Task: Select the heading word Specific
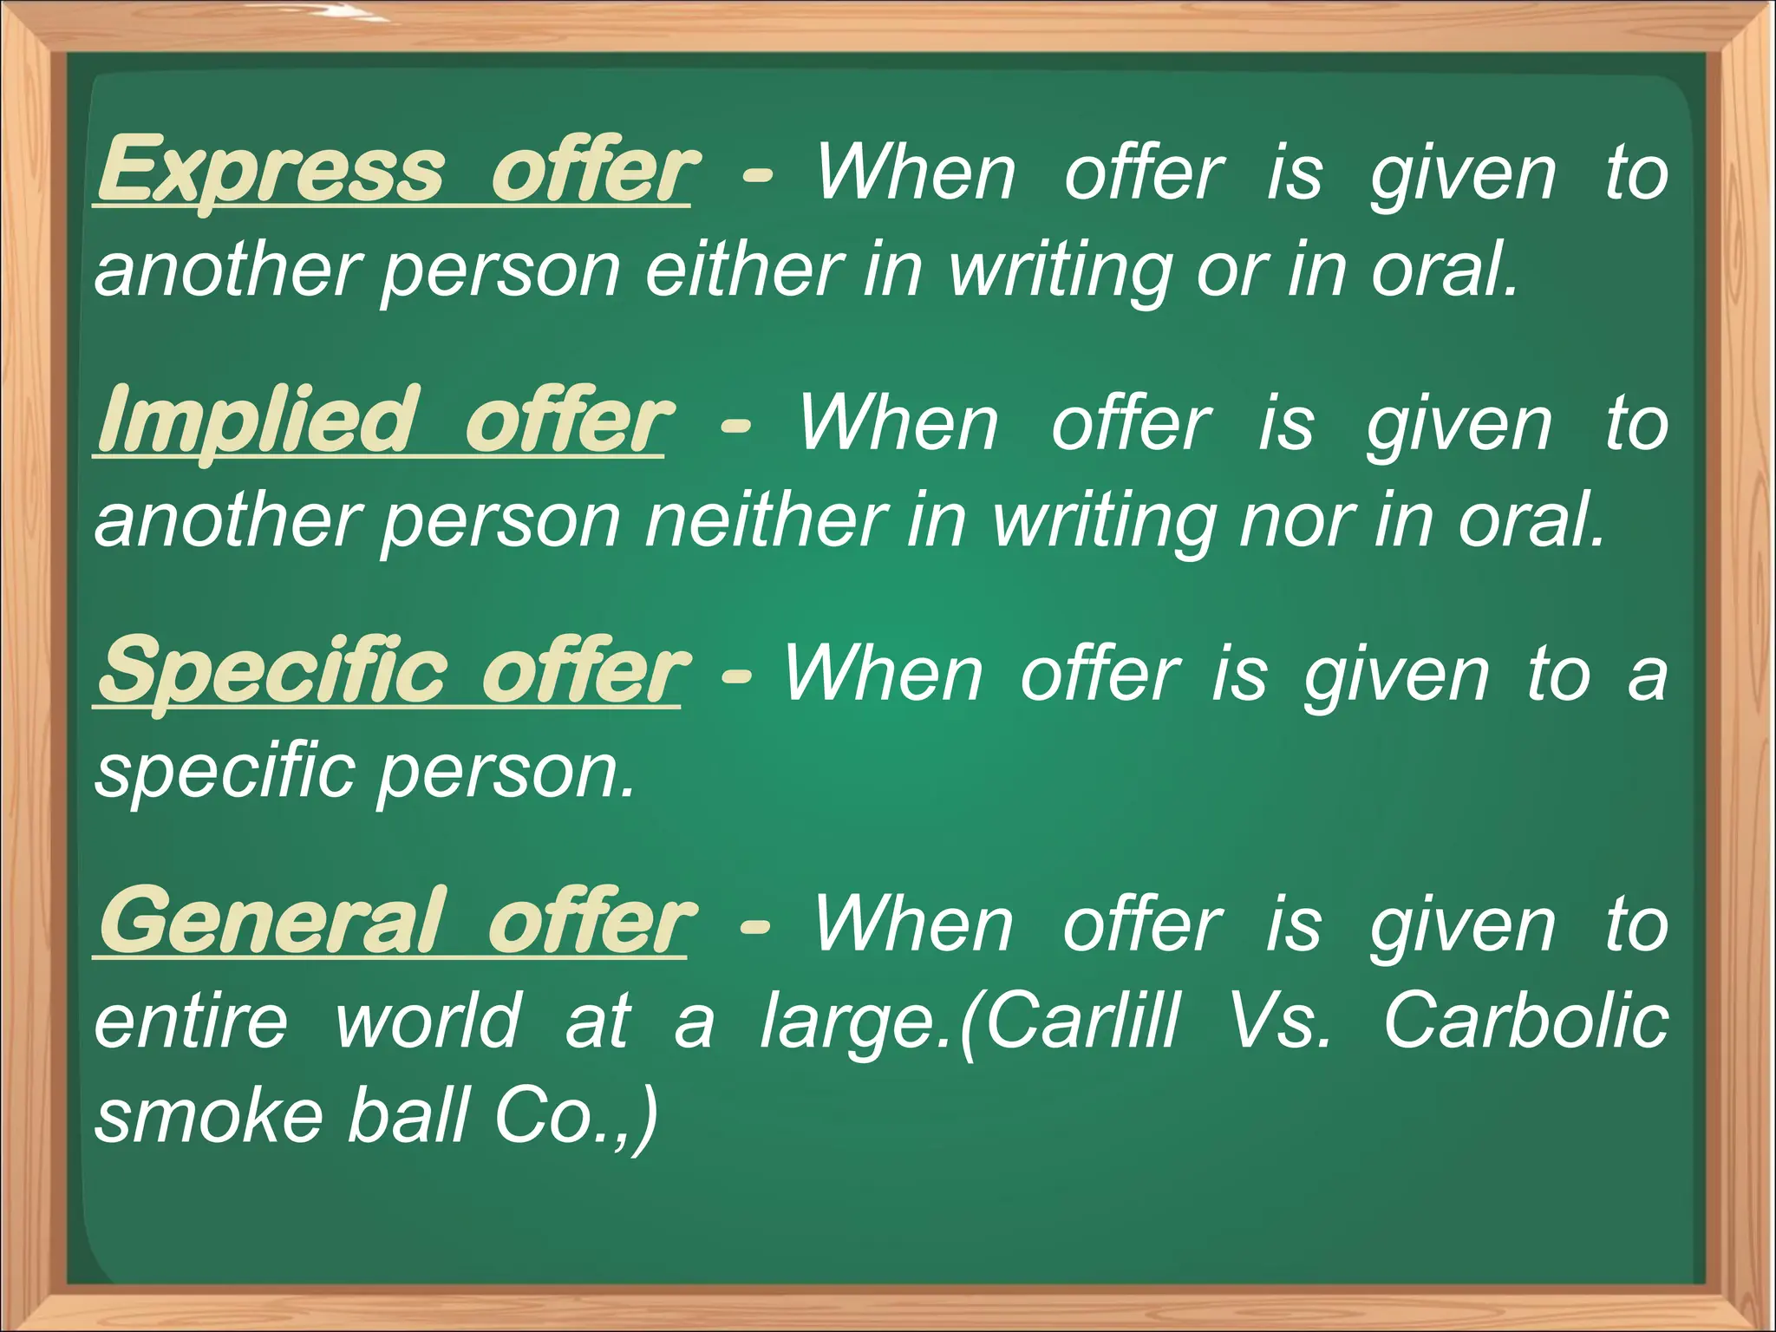pos(272,670)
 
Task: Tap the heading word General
pos(271,921)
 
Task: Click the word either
pos(744,270)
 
